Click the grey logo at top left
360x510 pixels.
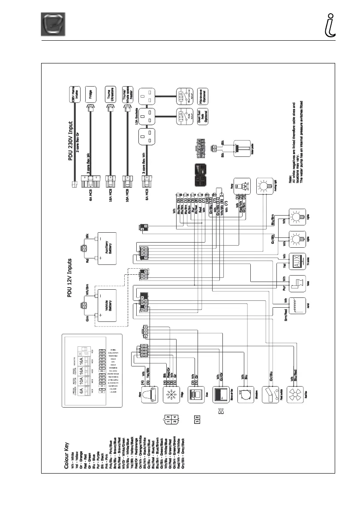coord(53,25)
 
